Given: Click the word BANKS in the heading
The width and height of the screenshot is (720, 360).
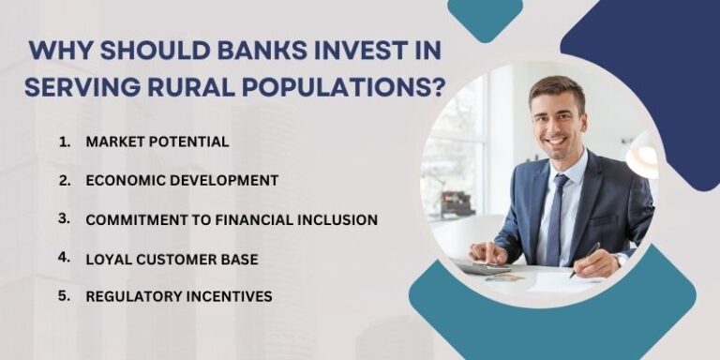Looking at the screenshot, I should click(x=245, y=51).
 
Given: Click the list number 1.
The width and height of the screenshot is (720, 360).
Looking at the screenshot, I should click(x=64, y=142).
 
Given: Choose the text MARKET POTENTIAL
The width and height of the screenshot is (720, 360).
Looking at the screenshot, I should click(x=157, y=142).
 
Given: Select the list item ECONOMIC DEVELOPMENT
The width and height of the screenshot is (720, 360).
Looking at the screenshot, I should click(x=182, y=180).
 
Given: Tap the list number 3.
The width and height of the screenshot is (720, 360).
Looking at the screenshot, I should click(x=64, y=218).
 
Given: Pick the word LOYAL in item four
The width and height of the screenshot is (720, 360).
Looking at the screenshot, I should click(x=109, y=258).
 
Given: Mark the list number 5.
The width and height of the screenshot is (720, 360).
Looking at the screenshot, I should click(x=64, y=296).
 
